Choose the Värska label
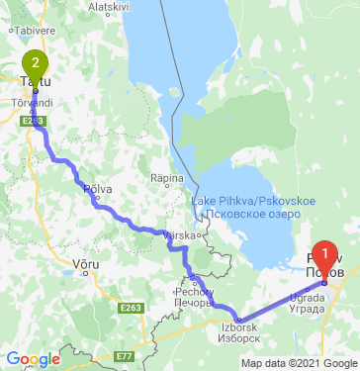[x=179, y=235]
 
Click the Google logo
[x=33, y=359]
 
